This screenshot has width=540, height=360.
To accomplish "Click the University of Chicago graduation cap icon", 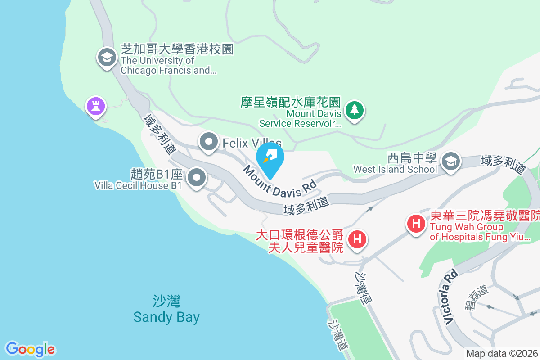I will coord(107,58).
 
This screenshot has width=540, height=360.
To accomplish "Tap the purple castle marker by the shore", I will coord(96,106).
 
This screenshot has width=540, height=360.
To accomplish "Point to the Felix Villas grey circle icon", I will coord(208,143).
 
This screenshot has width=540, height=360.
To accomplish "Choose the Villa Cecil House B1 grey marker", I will coord(196,179).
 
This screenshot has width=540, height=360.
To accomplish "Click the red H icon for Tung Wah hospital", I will coord(416,223).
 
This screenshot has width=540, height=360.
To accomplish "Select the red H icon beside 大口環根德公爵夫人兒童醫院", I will coord(357,239).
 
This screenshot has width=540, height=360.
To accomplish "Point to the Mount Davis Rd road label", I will coord(279,180).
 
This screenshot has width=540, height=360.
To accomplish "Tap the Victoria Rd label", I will coord(450,297).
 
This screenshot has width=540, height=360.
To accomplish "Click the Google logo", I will coord(30,349).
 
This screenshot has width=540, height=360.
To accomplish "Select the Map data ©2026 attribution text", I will coord(502,354).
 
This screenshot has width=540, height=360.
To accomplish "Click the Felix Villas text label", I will coord(252,144).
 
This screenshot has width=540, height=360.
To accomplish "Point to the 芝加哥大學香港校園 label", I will coord(177,49).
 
